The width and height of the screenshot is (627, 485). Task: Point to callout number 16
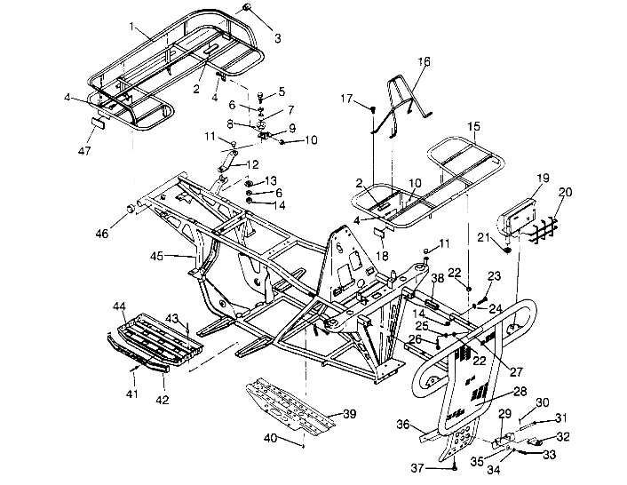(x=423, y=61)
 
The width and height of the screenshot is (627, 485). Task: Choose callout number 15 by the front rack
(x=473, y=127)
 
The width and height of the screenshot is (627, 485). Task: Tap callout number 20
(x=565, y=192)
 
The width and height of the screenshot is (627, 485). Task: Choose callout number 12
(x=252, y=164)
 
